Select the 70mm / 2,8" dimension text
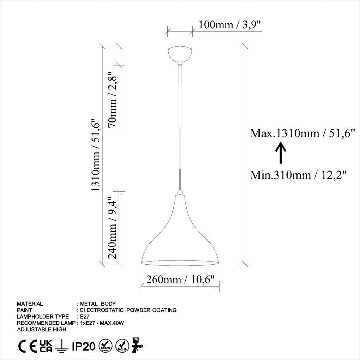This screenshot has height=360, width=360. tap(113, 100)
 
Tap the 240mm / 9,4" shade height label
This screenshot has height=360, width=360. tap(113, 228)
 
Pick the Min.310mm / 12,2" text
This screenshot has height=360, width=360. tap(299, 175)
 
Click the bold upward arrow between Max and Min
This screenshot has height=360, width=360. tap(281, 152)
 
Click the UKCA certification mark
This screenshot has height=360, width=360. tap(46, 346)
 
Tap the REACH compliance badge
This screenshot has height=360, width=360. tap(106, 346)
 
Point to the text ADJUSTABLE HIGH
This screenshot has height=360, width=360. tap(41, 329)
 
